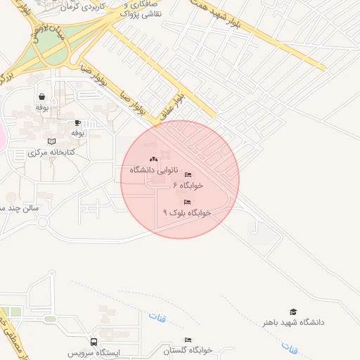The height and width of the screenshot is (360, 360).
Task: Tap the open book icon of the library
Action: click(x=51, y=141)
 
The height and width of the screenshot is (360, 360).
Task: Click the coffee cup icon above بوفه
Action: click(x=77, y=122)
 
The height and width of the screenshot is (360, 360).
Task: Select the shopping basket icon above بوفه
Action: click(x=42, y=97)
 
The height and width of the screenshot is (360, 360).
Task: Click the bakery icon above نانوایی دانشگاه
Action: click(x=154, y=160)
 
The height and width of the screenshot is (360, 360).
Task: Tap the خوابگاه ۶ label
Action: click(x=188, y=186)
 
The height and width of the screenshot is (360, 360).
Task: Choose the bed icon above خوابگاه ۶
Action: click(x=188, y=175)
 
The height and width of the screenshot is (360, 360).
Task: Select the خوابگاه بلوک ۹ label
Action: click(x=187, y=212)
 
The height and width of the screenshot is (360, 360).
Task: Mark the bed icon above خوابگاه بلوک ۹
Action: click(x=186, y=202)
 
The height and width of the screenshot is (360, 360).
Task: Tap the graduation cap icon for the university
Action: click(x=293, y=311)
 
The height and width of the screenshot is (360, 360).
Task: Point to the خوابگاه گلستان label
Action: click(x=188, y=349)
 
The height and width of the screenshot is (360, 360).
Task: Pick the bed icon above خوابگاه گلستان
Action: click(x=187, y=340)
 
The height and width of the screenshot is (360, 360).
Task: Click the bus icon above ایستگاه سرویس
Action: click(x=94, y=342)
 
